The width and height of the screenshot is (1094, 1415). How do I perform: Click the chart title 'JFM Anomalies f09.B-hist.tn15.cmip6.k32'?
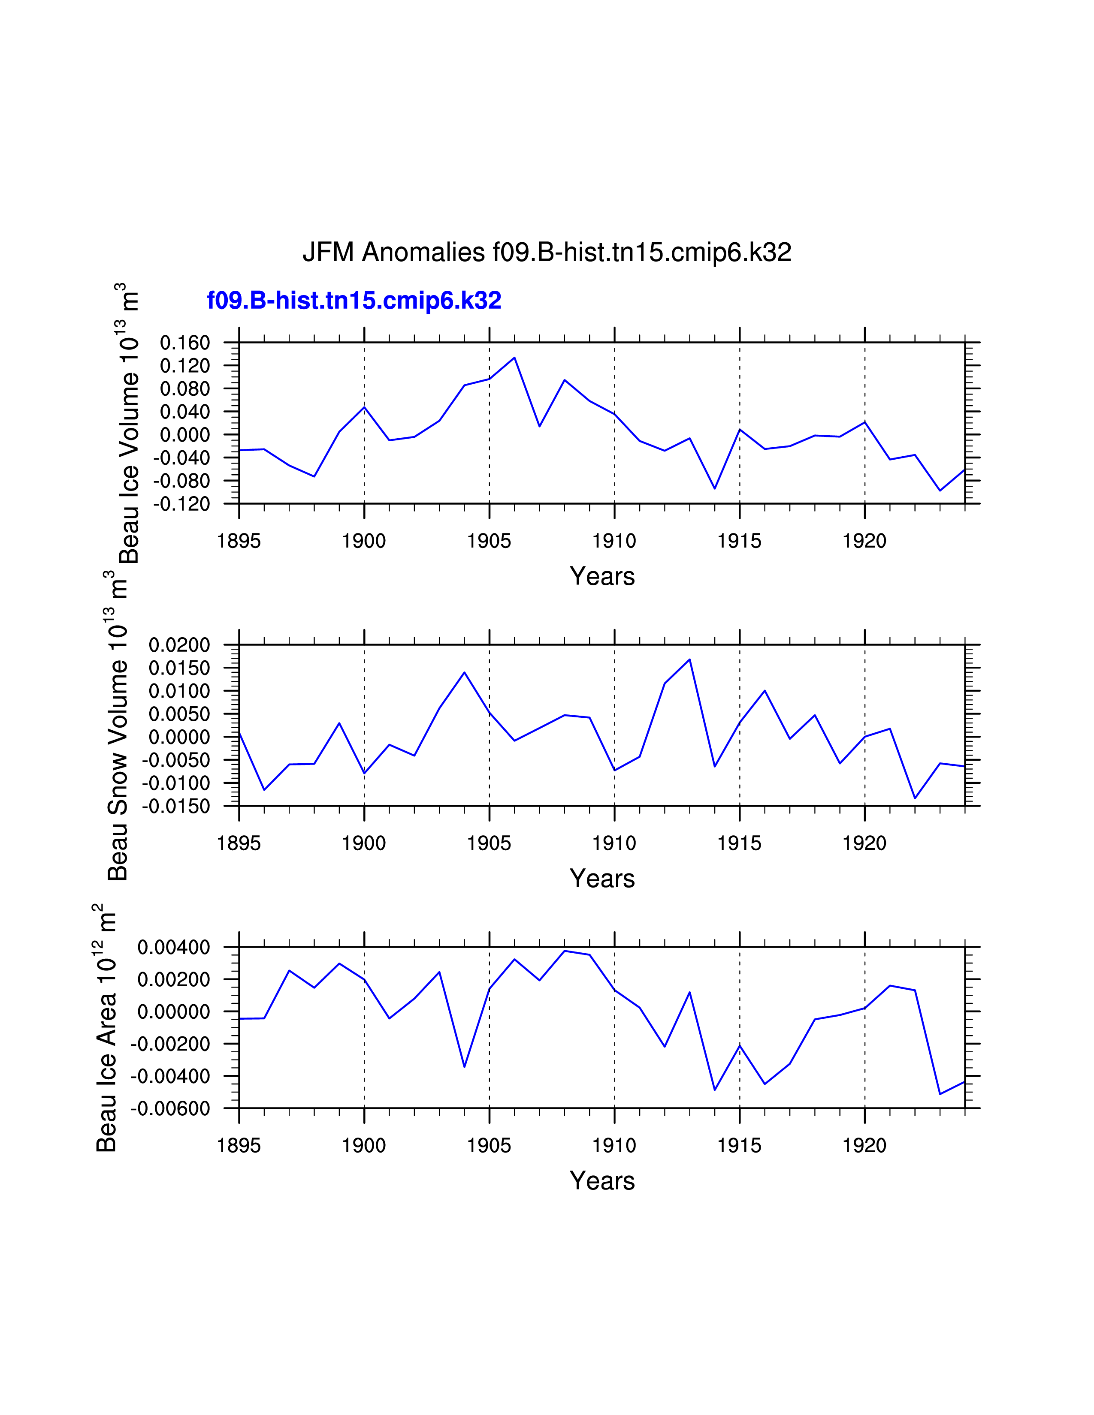coord(546,252)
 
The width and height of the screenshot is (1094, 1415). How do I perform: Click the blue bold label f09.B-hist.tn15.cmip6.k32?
coord(354,301)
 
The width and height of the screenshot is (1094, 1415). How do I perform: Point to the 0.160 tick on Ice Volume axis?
coord(185,343)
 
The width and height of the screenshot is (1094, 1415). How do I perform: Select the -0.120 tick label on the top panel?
coord(181,504)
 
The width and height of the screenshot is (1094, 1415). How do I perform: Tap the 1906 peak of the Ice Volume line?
coord(514,358)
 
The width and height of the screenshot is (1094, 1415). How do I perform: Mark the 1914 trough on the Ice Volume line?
coord(714,488)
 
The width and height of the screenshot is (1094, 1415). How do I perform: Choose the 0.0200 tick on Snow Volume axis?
coord(179,645)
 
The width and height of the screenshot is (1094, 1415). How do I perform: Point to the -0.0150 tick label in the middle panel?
coord(176,807)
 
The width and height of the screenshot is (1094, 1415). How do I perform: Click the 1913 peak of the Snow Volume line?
coord(689,659)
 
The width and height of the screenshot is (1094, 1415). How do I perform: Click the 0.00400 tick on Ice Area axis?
coord(174,947)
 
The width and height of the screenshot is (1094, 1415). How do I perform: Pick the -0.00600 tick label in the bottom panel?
coord(170,1108)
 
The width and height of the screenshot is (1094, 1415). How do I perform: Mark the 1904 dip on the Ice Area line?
coord(464,1066)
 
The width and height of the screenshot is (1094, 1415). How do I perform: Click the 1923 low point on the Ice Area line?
coord(940,1094)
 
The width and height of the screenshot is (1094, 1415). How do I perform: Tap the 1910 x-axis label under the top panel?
coord(614,541)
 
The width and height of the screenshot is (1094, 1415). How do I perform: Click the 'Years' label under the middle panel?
coord(601,879)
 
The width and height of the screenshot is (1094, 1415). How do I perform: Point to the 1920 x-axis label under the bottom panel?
coord(864,1145)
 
